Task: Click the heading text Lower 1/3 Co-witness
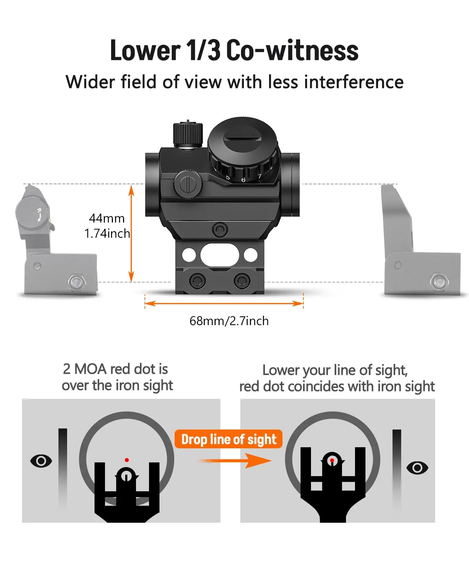pos(234,50)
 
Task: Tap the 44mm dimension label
pos(107,218)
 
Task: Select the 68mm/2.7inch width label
pos(229,321)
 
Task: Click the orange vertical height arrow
pos(131,233)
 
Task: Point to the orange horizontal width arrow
pos(224,303)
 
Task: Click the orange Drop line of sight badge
pos(229,439)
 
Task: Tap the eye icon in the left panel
pos(41,461)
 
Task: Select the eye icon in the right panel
pos(417,468)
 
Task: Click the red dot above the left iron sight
pos(127,460)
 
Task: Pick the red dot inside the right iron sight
pos(332,461)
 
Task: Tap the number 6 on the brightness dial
pos(243,180)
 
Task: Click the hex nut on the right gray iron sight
pos(439,281)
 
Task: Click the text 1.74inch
pos(107,233)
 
